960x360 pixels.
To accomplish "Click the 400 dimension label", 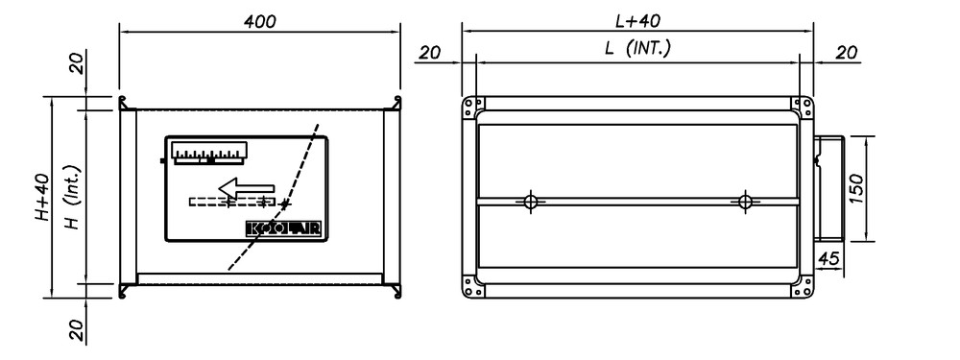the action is (x=260, y=21).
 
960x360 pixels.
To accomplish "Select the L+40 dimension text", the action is (x=637, y=21).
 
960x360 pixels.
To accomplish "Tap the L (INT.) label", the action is (x=637, y=48).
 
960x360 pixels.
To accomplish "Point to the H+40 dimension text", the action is (x=41, y=196).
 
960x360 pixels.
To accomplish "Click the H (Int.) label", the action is (x=72, y=196).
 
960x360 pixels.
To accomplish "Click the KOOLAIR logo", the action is (x=283, y=228).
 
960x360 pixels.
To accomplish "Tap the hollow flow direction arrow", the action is (x=248, y=187).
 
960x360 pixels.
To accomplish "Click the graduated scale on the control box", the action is (x=210, y=153).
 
